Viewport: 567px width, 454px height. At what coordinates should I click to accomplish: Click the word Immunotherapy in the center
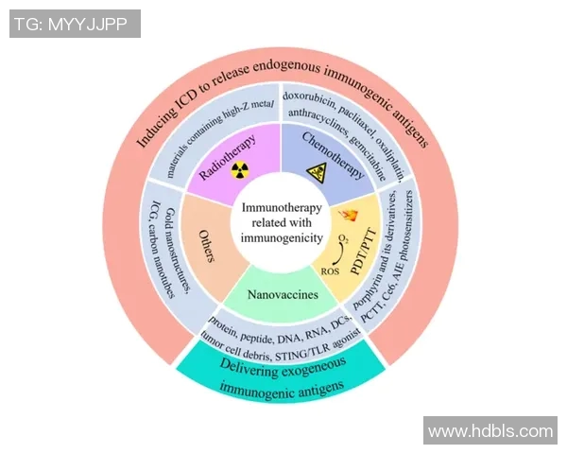coord(282,207)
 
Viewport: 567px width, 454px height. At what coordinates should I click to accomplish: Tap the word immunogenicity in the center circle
coord(282,239)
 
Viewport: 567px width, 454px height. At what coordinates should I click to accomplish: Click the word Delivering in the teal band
coord(239,362)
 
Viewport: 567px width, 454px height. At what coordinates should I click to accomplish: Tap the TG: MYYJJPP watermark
coord(75,24)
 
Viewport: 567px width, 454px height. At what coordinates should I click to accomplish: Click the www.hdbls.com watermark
coord(490,431)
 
